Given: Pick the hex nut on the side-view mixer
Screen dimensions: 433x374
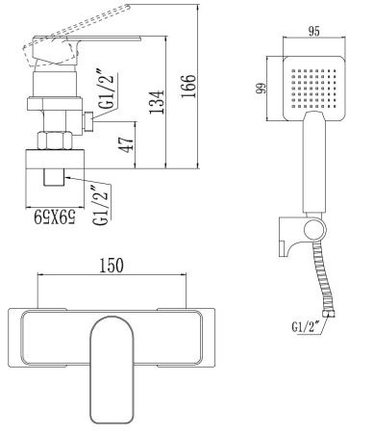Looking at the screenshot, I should point(54,140).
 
